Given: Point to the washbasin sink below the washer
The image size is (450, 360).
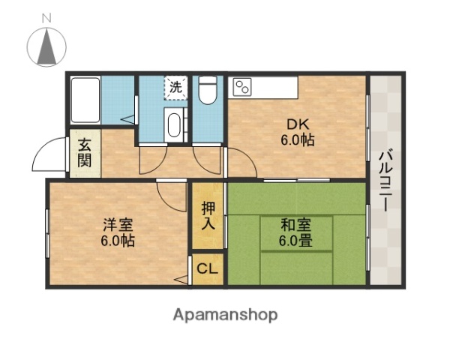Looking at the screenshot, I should coord(175,123).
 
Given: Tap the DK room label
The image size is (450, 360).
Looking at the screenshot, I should coord(297,124).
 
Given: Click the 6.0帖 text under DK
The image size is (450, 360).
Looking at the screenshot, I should coord(298,140).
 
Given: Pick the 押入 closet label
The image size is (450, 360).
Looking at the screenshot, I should coord(208,215).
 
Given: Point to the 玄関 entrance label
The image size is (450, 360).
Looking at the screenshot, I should coord(84,152).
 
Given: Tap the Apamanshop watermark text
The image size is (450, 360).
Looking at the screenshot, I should coord(225,314).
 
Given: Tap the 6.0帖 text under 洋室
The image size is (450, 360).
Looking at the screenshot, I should coord(118,241).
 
